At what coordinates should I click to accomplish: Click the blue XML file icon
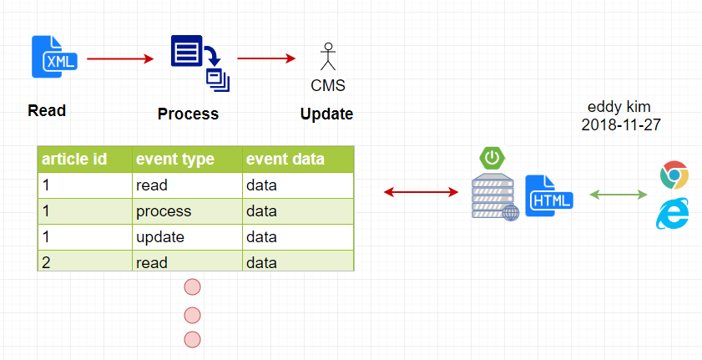point(54,57)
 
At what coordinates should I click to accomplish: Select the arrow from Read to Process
point(120,58)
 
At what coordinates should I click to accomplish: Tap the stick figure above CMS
point(328,57)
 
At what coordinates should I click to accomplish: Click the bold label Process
point(188,114)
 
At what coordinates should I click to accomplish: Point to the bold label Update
point(326,114)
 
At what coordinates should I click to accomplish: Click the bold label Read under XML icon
point(47,110)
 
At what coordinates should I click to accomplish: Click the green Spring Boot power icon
point(492,158)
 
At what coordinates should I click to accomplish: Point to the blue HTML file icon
point(549,195)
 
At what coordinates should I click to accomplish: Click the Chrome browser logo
point(674,175)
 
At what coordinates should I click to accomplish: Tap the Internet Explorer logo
point(673,213)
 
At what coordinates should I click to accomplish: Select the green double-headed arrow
point(619,195)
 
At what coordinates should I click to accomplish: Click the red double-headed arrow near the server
point(422,193)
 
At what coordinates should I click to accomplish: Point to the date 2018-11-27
point(621,125)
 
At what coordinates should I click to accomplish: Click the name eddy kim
point(619,107)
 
